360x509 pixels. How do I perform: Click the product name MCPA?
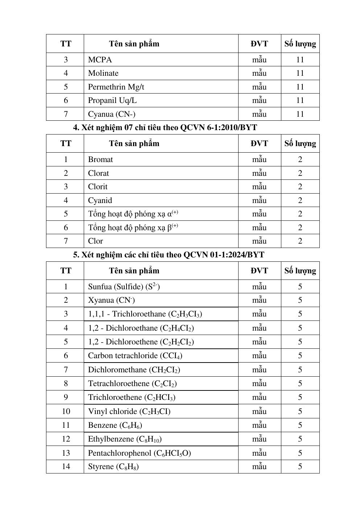100,60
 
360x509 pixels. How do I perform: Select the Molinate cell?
103,73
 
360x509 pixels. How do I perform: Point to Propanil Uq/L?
112,100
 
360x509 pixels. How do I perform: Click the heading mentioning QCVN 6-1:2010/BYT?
165,128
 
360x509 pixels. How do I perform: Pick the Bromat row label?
100,160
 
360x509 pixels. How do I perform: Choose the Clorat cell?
99,173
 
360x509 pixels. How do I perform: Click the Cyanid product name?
100,200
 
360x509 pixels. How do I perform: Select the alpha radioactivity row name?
133,214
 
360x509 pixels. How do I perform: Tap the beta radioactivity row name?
133,228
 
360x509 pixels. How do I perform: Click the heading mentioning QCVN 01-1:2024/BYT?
169,255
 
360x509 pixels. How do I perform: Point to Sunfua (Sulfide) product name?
124,287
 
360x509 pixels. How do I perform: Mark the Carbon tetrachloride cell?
135,356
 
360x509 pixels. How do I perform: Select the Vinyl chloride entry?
129,411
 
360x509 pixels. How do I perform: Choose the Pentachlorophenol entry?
140,453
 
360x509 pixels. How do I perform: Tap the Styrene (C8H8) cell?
113,467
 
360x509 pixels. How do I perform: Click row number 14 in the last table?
66,467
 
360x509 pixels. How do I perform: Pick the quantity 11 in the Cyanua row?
300,114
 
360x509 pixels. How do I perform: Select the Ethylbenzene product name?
125,439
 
